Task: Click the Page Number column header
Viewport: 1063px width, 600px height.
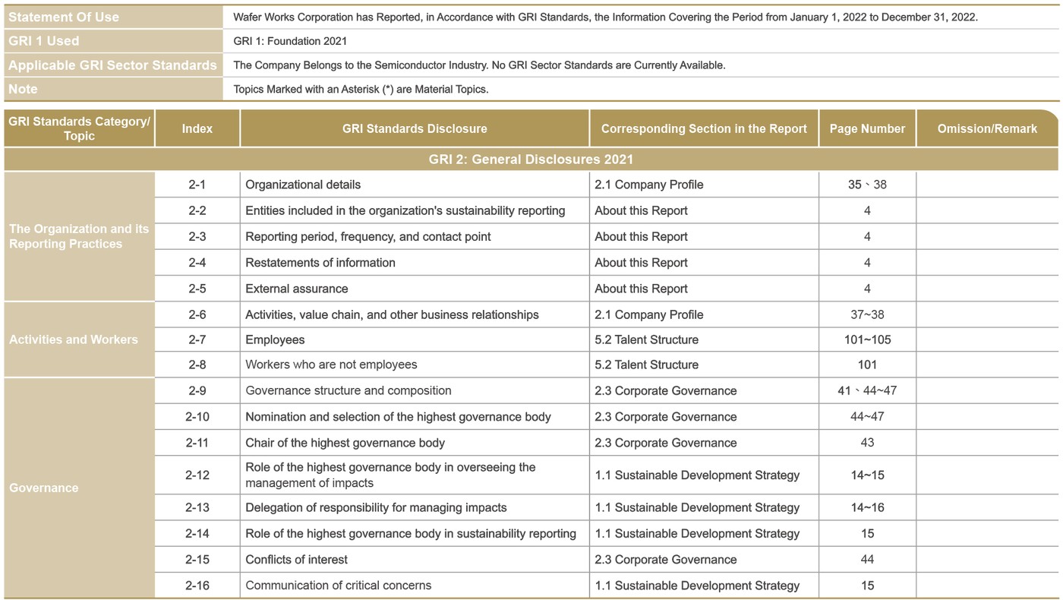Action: pyautogui.click(x=867, y=128)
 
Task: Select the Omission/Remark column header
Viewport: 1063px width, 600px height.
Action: pyautogui.click(x=986, y=128)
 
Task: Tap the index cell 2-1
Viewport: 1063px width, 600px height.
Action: pyautogui.click(x=197, y=185)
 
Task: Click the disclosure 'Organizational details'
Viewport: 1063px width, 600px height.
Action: pyautogui.click(x=303, y=185)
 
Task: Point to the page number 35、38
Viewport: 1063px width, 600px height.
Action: pyautogui.click(x=867, y=185)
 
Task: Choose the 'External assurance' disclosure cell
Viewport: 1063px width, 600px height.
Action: pyautogui.click(x=296, y=289)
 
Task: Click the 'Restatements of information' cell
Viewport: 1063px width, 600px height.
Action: pyautogui.click(x=320, y=263)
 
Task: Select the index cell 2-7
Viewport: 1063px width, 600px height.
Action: pyautogui.click(x=197, y=339)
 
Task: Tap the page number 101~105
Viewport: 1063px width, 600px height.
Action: pyautogui.click(x=867, y=339)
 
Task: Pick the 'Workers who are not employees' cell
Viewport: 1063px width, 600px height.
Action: pyautogui.click(x=331, y=365)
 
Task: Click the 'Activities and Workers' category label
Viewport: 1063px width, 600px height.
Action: pyautogui.click(x=74, y=339)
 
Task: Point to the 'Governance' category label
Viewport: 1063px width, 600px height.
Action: pyautogui.click(x=43, y=488)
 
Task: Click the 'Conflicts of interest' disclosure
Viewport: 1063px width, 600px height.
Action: pyautogui.click(x=296, y=560)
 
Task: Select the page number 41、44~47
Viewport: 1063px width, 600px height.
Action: pyautogui.click(x=867, y=390)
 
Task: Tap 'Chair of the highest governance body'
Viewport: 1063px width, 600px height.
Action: pyautogui.click(x=345, y=443)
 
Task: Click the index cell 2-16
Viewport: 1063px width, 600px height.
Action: pyautogui.click(x=197, y=586)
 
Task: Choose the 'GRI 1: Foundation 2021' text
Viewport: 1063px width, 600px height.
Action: pyautogui.click(x=290, y=41)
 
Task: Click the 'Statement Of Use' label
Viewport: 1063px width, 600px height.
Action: pyautogui.click(x=64, y=17)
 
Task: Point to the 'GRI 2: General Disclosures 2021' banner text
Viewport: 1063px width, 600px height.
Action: pyautogui.click(x=531, y=159)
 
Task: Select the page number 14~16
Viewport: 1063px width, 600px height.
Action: pyautogui.click(x=867, y=507)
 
